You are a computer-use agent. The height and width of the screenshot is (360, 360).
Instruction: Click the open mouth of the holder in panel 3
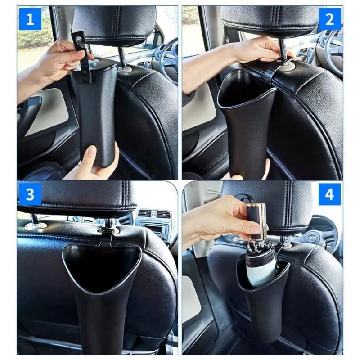[x=101, y=261]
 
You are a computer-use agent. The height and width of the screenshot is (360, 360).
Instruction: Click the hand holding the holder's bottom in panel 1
[x=94, y=162]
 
